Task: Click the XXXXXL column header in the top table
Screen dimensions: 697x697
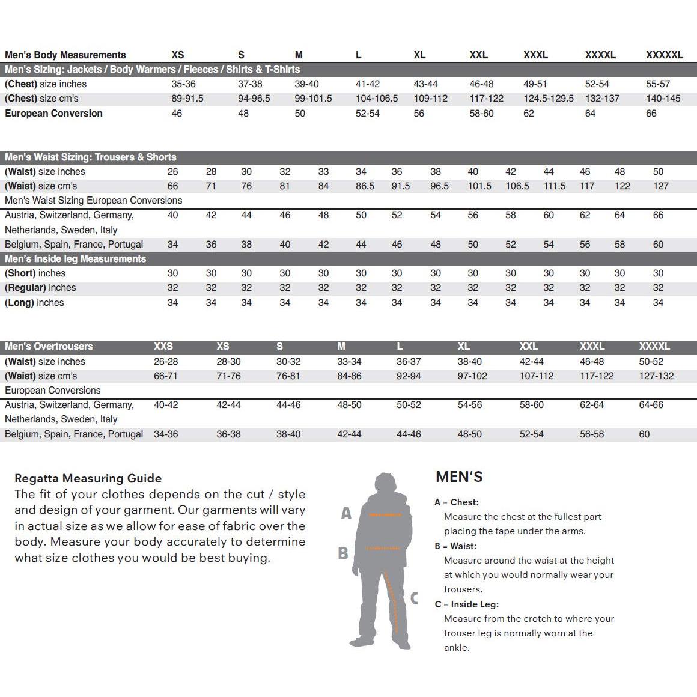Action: click(x=664, y=55)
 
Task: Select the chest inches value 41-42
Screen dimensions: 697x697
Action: click(x=368, y=84)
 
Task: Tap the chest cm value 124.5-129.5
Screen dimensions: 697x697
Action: click(x=548, y=99)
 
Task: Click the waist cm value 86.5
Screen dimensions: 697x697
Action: click(x=365, y=186)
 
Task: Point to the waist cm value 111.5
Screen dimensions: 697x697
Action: click(x=555, y=186)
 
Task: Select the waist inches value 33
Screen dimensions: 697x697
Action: click(x=323, y=172)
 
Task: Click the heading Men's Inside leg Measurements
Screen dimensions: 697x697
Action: click(x=76, y=259)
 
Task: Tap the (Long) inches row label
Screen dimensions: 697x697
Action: click(x=34, y=303)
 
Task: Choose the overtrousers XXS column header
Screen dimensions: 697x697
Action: click(x=163, y=347)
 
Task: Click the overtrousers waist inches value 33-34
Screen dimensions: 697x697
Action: click(x=349, y=362)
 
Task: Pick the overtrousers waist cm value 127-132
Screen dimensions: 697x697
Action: click(x=656, y=376)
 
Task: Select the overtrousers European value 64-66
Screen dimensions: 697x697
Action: click(x=651, y=405)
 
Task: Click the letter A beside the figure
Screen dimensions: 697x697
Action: click(x=346, y=513)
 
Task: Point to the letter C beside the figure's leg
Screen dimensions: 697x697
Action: click(x=414, y=598)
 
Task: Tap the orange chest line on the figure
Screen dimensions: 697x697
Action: click(x=385, y=515)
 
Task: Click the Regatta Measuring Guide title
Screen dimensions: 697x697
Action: click(x=88, y=478)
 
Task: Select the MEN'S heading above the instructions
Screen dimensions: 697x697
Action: click(x=459, y=477)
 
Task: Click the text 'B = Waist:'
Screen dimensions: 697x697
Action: click(x=455, y=546)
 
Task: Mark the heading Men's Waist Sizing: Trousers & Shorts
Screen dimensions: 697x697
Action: click(x=91, y=157)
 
